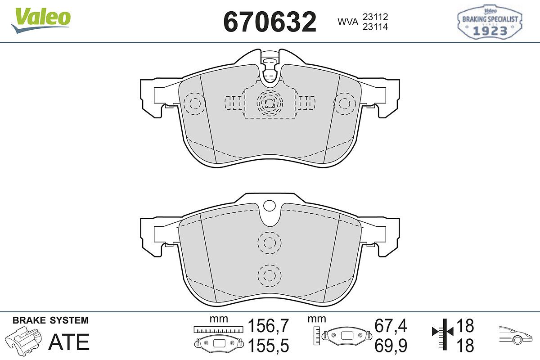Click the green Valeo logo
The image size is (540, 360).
pos(41,20)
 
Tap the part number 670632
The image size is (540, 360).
pos(270,22)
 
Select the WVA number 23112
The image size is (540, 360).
pos(375,17)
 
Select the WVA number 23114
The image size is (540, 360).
pos(375,27)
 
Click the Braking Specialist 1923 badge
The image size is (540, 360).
pos(490,22)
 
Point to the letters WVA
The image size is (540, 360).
pos(348,22)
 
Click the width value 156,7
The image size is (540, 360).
pos(268,326)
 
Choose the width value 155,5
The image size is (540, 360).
pos(268,346)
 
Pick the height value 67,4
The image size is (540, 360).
pos(391,326)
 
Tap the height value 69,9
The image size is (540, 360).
pos(391,346)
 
